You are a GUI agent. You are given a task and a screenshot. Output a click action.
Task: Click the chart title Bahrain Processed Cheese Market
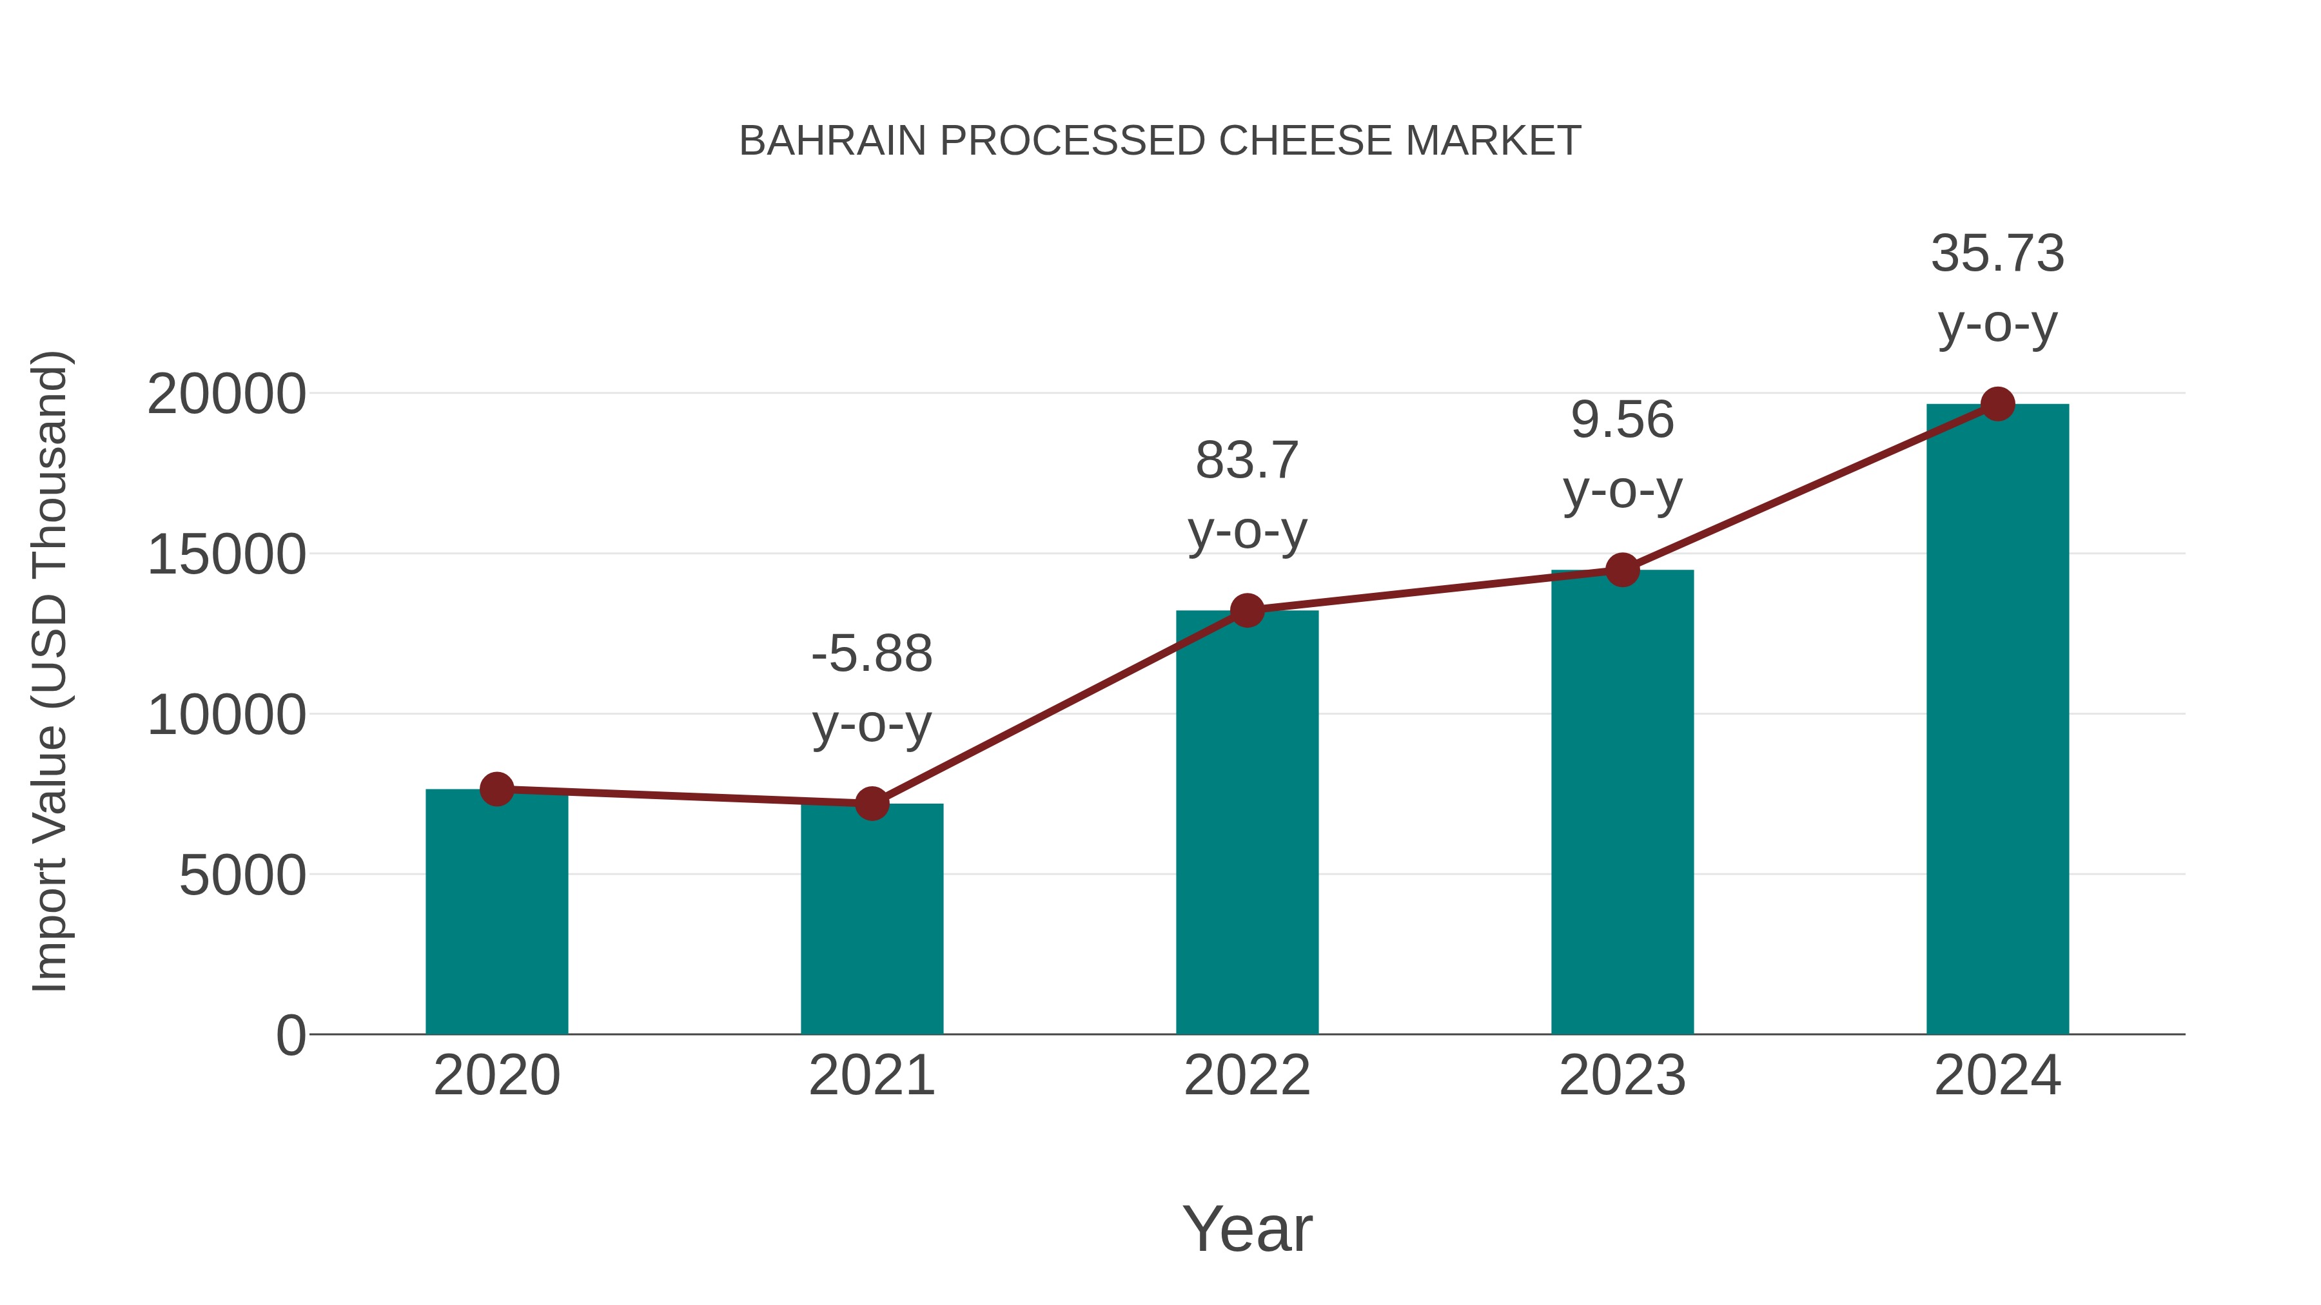(x=1160, y=141)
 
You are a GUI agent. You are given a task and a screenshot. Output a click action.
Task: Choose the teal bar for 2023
(x=1622, y=802)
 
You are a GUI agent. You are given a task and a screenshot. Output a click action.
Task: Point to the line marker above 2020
(x=496, y=789)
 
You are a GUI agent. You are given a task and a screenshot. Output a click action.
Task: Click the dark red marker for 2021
(x=871, y=804)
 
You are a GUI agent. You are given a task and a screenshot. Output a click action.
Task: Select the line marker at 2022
(x=1247, y=611)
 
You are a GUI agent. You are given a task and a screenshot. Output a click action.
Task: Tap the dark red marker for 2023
(x=1622, y=570)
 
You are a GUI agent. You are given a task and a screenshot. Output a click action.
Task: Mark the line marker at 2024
(x=1997, y=404)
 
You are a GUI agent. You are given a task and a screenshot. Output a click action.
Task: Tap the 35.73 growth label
(x=1997, y=287)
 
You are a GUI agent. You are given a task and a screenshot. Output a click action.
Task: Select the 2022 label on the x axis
(x=1247, y=1076)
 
